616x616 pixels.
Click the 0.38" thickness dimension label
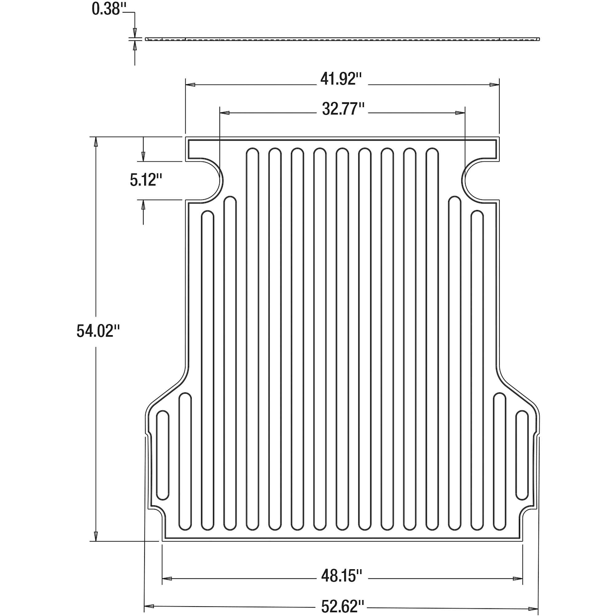[107, 9]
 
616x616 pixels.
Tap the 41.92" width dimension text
[342, 79]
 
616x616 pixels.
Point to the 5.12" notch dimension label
[146, 180]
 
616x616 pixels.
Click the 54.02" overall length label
[98, 330]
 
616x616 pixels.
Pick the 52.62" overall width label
[342, 607]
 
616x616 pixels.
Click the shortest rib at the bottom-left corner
[163, 455]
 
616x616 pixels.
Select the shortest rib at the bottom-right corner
[522, 455]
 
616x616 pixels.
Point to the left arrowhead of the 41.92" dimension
[190, 85]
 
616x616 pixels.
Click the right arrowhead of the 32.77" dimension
[460, 113]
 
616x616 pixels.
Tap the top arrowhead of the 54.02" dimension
[96, 142]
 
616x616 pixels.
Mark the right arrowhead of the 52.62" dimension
[533, 609]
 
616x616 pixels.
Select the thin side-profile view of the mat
[342, 39]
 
